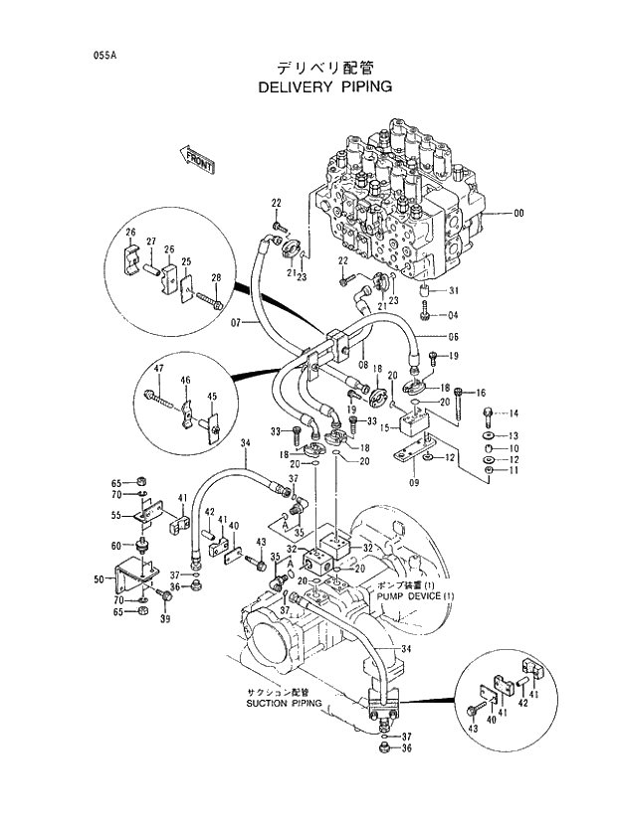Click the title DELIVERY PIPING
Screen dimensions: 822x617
coord(324,86)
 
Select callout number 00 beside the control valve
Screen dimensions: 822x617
coord(518,212)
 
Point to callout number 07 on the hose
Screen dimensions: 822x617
coord(237,323)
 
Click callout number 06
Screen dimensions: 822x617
coord(452,336)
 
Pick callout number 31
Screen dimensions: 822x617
coord(453,290)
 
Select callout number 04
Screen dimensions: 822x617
coord(453,316)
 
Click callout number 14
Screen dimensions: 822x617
coord(514,412)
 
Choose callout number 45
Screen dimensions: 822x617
coord(211,397)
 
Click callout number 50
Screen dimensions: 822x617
coord(99,579)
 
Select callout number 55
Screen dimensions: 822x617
coord(115,515)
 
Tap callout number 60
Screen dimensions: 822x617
coord(115,545)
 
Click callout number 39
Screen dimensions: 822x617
coord(166,620)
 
